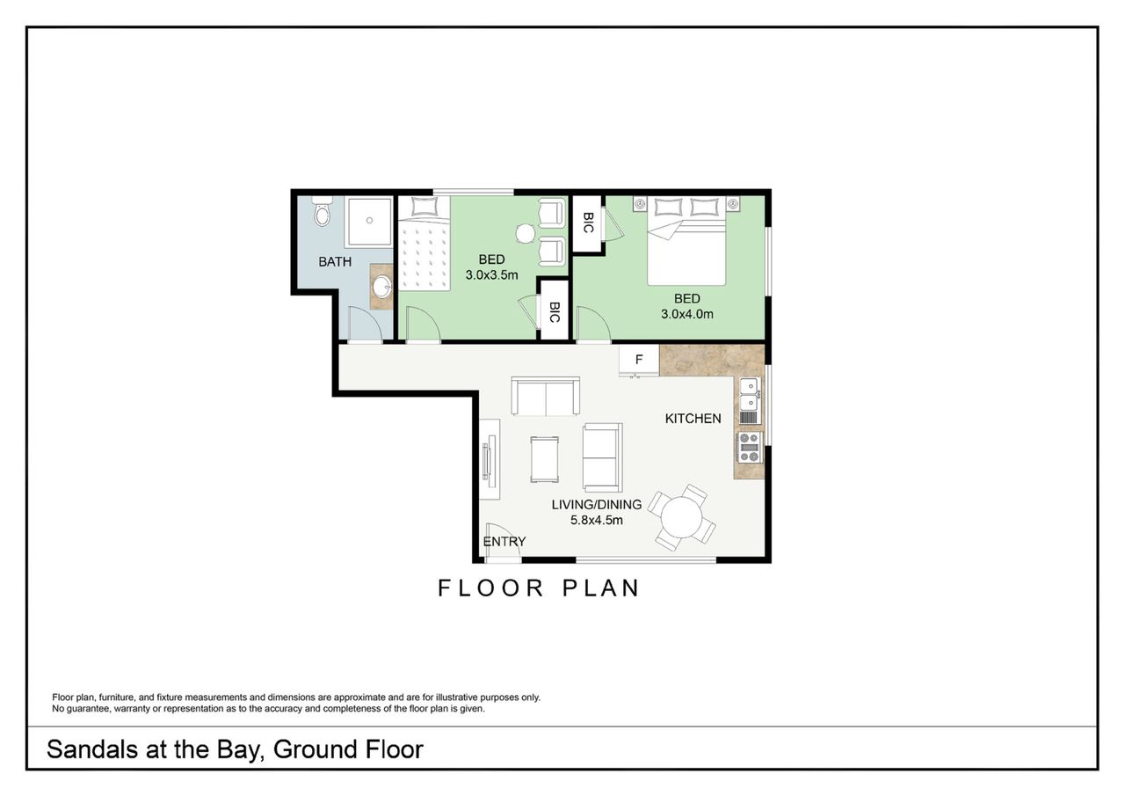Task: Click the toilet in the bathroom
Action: tap(322, 212)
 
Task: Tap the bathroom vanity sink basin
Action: tap(381, 288)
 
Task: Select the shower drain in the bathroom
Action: tap(370, 220)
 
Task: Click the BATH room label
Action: tap(335, 262)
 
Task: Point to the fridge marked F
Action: tap(639, 360)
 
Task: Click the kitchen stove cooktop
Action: tap(750, 447)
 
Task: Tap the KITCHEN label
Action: tap(693, 419)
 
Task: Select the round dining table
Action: tap(681, 517)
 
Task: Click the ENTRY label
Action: tap(504, 541)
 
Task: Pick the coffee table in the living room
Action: tap(544, 459)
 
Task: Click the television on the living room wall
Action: tap(487, 460)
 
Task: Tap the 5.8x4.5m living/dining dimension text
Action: tap(596, 520)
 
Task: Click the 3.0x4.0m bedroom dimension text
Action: tap(687, 314)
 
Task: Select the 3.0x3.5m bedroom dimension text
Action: tap(491, 275)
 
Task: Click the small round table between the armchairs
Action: tap(526, 233)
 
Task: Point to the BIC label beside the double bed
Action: tap(589, 223)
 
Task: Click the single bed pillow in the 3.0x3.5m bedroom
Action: tap(425, 207)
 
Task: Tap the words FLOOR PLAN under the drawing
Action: tap(539, 588)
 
